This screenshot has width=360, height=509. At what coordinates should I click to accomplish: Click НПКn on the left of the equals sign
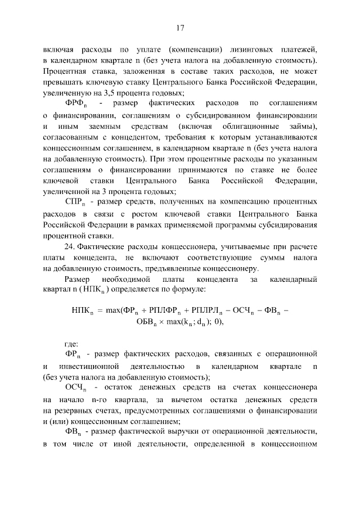tap(83, 309)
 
